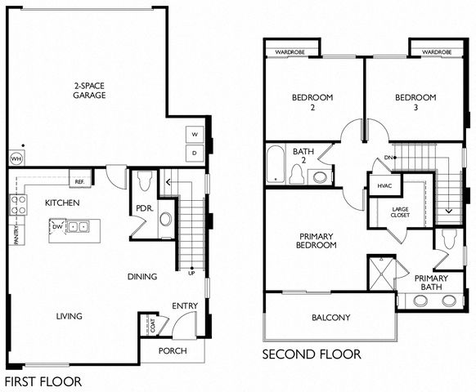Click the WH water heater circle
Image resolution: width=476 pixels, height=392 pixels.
tap(16, 158)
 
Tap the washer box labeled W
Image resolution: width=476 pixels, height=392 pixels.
tap(195, 134)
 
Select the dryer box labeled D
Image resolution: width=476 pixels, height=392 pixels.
tap(195, 153)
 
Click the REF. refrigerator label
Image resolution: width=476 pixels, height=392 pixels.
tap(79, 182)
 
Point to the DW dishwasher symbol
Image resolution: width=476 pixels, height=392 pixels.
tap(57, 226)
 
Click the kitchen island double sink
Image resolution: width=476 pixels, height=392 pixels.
tap(78, 226)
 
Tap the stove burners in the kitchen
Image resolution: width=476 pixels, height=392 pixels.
tap(18, 205)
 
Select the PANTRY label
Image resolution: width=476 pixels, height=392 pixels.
tap(16, 234)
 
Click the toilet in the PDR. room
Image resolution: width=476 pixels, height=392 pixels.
tap(144, 181)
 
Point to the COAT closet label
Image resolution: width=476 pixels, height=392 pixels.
tap(153, 325)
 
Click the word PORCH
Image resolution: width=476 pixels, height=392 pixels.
tap(173, 351)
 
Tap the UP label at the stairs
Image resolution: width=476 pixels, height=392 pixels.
tap(191, 273)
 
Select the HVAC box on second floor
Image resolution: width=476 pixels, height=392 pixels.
tap(384, 185)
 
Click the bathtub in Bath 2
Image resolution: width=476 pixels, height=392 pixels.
tap(276, 164)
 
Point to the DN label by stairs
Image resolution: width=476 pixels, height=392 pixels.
tap(388, 158)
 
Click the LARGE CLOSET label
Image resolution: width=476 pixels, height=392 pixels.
tap(400, 212)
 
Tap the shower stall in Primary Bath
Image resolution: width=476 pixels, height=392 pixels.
tap(382, 273)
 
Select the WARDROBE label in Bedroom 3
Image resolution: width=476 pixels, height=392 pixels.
tap(437, 52)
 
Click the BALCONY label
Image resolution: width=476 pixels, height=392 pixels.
tap(331, 318)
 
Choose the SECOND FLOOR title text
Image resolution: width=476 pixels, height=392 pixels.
tap(312, 354)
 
